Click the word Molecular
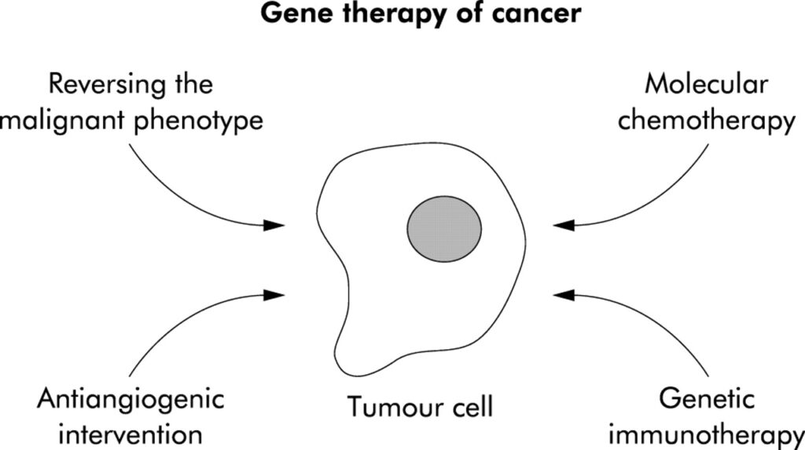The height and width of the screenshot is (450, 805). (705, 85)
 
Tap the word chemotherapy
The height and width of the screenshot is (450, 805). (706, 122)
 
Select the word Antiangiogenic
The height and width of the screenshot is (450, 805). (130, 400)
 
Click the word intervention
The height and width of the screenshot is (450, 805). (130, 433)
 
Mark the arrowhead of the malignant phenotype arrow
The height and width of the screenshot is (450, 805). (274, 225)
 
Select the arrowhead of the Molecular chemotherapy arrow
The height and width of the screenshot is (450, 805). (564, 225)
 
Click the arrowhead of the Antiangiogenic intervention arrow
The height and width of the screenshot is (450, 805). (274, 295)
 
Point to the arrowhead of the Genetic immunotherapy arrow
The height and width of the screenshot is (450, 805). (564, 295)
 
